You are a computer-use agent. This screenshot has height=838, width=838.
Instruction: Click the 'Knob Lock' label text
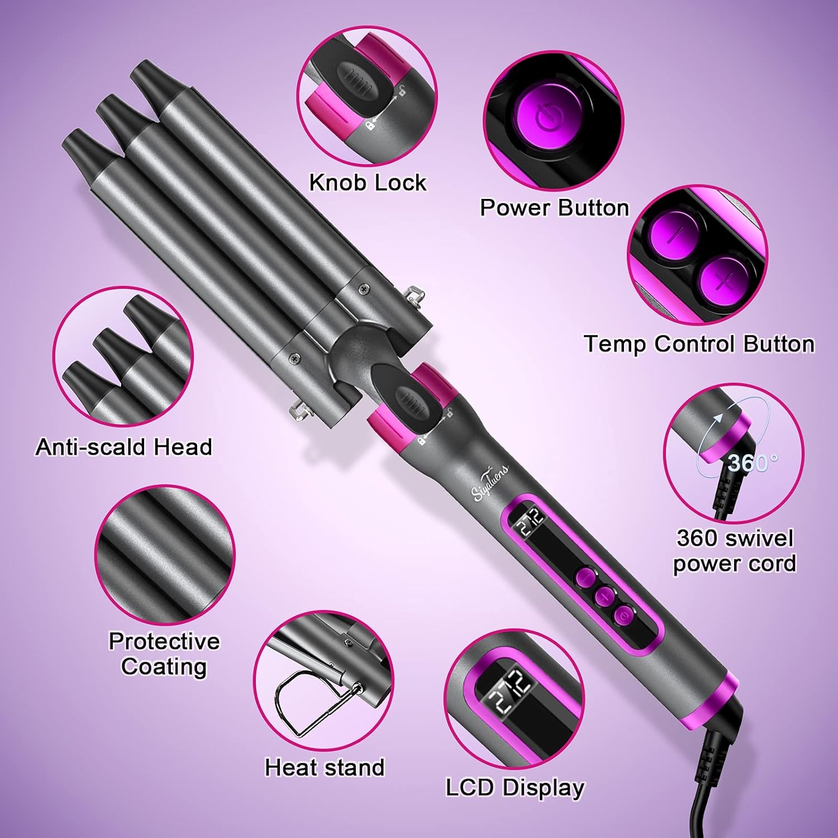point(368,183)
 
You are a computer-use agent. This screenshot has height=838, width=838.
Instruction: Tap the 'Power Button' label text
point(554,208)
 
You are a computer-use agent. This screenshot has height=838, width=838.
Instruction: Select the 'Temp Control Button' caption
point(699,344)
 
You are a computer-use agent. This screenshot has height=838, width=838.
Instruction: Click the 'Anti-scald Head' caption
point(123,447)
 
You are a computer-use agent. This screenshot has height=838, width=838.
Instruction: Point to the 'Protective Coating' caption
point(164,654)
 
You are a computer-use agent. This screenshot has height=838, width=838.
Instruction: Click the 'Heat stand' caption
point(325,767)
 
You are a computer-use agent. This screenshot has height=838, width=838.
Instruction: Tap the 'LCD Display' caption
point(515,787)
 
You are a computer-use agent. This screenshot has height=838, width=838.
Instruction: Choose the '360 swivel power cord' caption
point(734,550)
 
